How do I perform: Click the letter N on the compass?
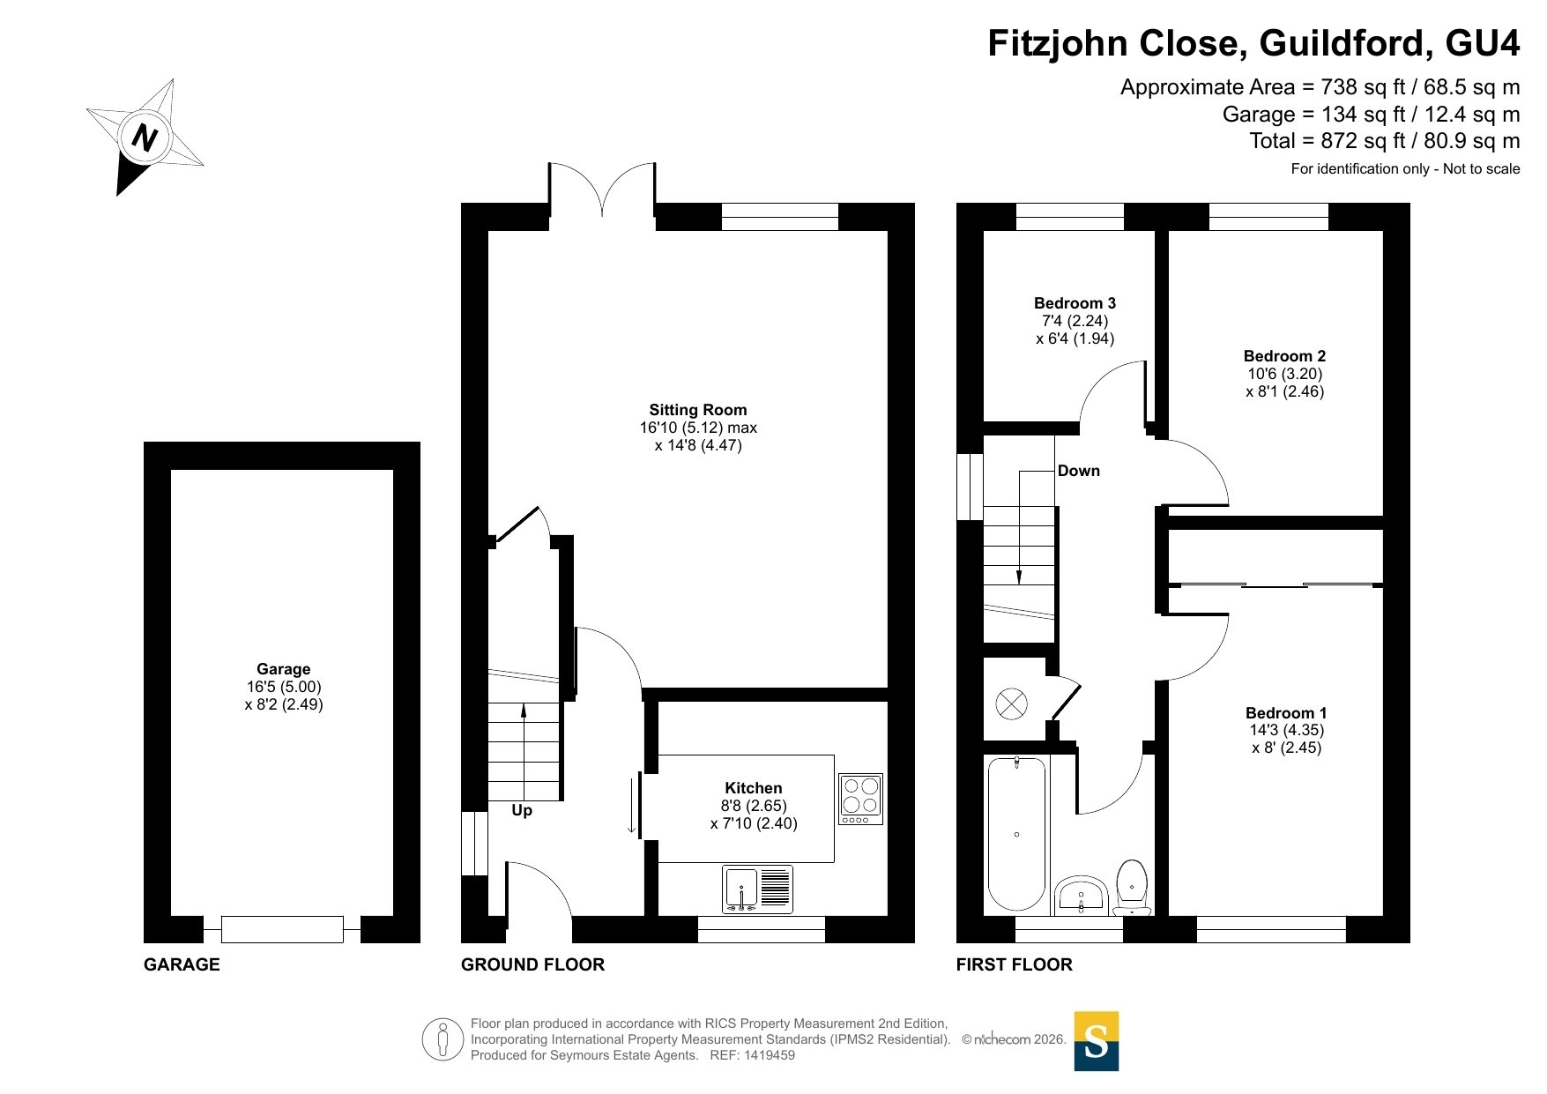point(145,138)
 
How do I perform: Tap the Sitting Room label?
point(698,410)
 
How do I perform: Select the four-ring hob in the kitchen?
point(860,799)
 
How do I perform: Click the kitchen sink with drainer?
point(757,889)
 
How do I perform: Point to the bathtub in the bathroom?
point(1016,834)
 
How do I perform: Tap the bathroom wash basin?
point(1081,896)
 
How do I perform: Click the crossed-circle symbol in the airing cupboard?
point(1011,703)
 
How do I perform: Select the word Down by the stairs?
point(1079,471)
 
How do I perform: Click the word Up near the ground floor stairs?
point(522,810)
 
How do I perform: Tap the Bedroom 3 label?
point(1075,303)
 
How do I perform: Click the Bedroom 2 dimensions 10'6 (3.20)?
point(1284,374)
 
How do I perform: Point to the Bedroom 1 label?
point(1286,712)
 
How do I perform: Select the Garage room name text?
point(284,669)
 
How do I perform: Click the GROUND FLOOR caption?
point(533,964)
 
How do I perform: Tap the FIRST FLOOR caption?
point(1015,964)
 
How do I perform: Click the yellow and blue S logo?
point(1097,1041)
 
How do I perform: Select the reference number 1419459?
point(770,1055)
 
